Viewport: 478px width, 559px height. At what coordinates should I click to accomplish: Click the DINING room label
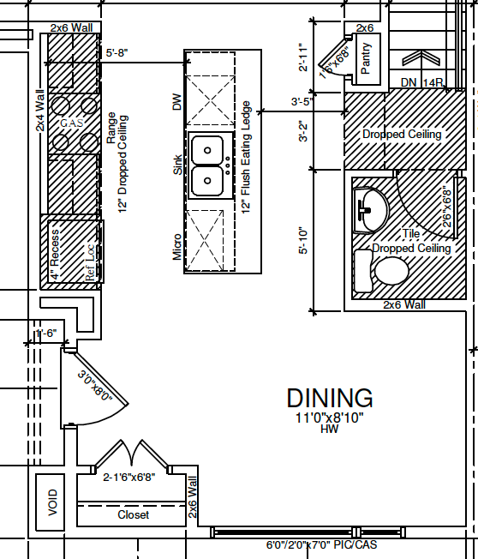[x=330, y=398]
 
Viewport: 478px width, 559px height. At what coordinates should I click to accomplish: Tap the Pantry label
[x=366, y=58]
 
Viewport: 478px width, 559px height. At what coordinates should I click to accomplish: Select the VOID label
[x=52, y=502]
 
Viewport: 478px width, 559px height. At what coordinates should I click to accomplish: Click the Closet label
[x=134, y=514]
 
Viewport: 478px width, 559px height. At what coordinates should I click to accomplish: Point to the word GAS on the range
[x=72, y=123]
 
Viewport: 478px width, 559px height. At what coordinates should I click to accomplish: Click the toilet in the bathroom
[x=382, y=271]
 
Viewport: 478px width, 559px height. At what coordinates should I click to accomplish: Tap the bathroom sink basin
[x=370, y=210]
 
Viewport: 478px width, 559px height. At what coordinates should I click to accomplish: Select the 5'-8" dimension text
[x=117, y=53]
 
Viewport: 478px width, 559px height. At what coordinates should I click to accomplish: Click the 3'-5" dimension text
[x=302, y=102]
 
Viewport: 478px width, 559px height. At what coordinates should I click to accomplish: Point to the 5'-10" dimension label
[x=302, y=241]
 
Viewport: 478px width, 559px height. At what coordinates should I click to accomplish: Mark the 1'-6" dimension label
[x=46, y=334]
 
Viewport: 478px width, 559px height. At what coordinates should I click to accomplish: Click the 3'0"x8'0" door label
[x=95, y=385]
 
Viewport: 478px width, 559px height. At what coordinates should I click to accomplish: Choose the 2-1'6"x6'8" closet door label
[x=129, y=477]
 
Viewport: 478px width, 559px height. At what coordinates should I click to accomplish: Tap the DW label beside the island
[x=177, y=102]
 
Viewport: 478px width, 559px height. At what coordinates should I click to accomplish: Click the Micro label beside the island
[x=177, y=247]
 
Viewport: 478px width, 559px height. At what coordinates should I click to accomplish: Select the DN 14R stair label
[x=421, y=82]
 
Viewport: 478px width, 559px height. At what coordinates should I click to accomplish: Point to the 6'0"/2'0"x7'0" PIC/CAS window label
[x=321, y=544]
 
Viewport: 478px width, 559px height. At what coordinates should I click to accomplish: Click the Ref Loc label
[x=90, y=262]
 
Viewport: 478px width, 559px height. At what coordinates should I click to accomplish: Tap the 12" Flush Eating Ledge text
[x=246, y=157]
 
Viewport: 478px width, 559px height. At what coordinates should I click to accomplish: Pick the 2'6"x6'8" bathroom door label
[x=446, y=208]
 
